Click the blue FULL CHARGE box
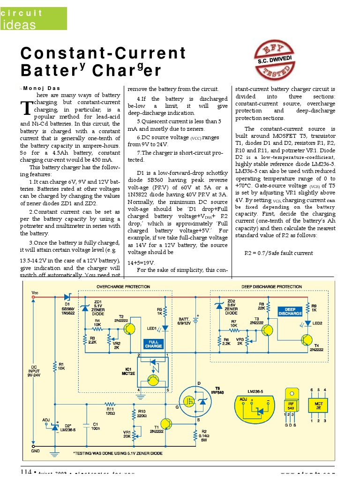pyautogui.click(x=153, y=344)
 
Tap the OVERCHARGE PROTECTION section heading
pyautogui.click(x=123, y=286)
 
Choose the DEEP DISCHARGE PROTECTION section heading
pyautogui.click(x=271, y=286)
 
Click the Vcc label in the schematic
pyautogui.click(x=35, y=292)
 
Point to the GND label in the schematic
pyautogui.click(x=35, y=451)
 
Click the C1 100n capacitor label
pyautogui.click(x=95, y=426)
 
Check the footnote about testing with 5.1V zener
pyautogui.click(x=118, y=454)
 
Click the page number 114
pyautogui.click(x=26, y=472)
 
